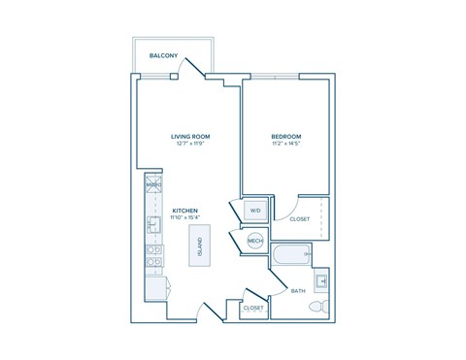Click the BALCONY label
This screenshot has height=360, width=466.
[162, 56]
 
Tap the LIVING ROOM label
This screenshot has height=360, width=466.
[190, 136]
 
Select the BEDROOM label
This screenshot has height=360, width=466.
[285, 136]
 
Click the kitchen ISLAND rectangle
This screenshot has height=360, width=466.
[200, 245]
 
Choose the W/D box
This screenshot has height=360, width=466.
[255, 211]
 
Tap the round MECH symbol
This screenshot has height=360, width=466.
[255, 242]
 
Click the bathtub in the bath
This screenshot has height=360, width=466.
[291, 257]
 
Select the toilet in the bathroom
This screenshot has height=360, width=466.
[316, 307]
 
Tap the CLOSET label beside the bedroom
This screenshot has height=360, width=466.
[300, 219]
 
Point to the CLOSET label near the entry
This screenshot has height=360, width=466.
[253, 308]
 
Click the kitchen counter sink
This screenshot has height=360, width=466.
[152, 225]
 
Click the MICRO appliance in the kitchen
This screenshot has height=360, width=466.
[152, 184]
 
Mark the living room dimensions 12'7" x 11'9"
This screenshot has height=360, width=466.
[190, 145]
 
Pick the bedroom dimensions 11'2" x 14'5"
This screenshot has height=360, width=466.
[285, 145]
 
